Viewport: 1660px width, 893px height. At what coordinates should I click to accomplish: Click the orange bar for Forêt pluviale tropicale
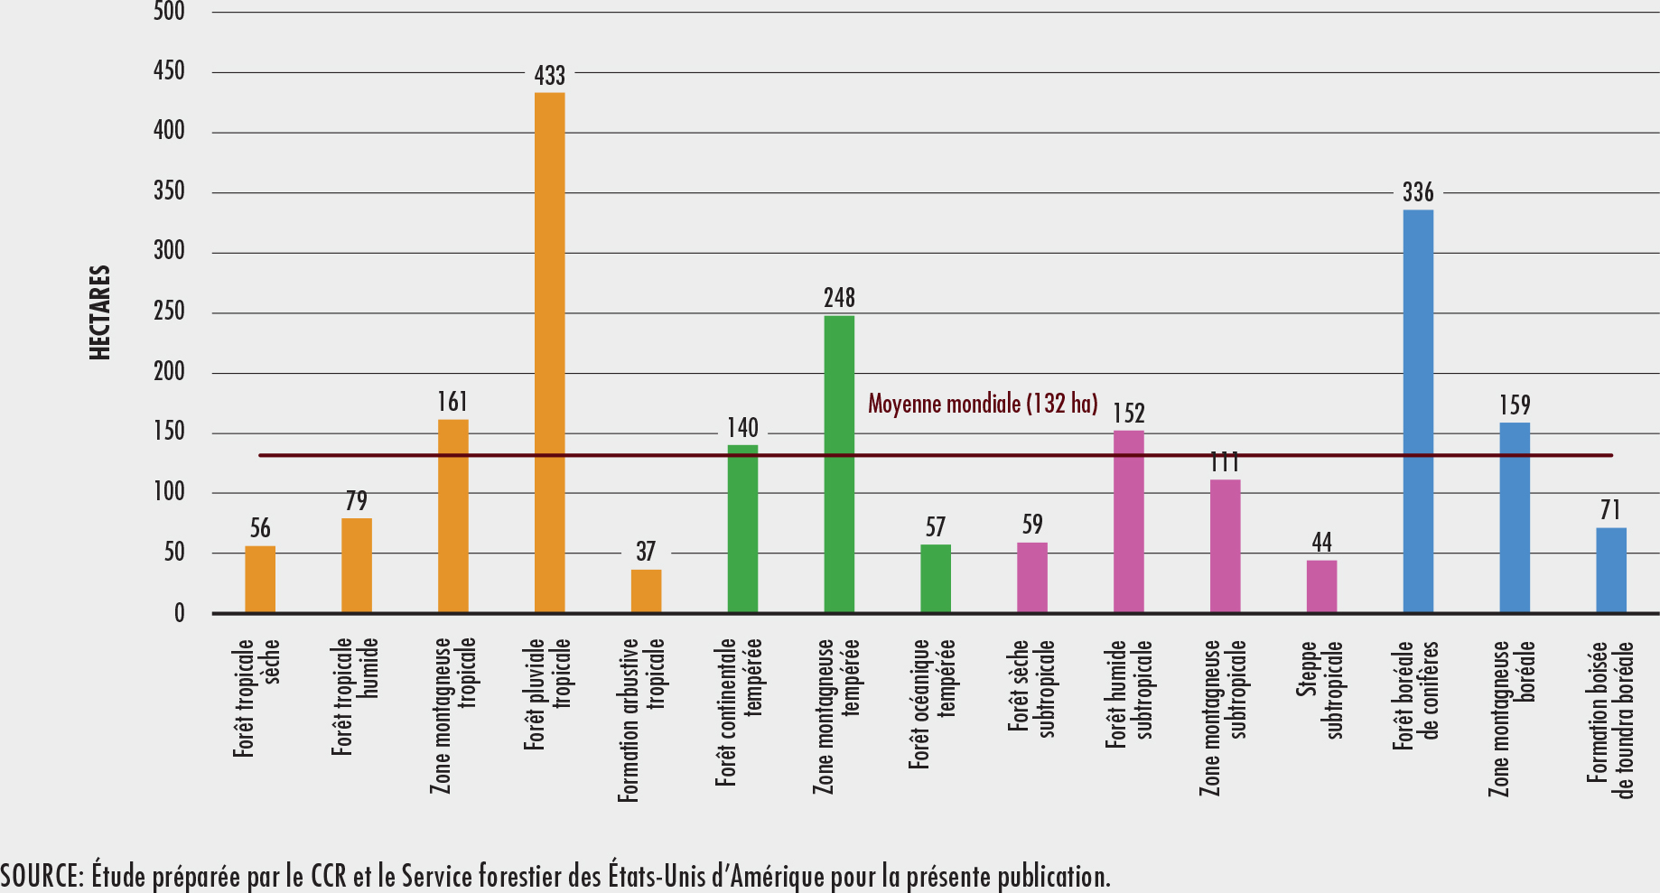pyautogui.click(x=549, y=352)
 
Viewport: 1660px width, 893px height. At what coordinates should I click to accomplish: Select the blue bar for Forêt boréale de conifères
pyautogui.click(x=1418, y=411)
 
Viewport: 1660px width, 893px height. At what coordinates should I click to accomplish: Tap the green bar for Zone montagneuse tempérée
pyautogui.click(x=839, y=464)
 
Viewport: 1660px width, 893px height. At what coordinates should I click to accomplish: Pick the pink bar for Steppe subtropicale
pyautogui.click(x=1321, y=587)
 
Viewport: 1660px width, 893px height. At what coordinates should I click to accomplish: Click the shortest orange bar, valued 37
pyautogui.click(x=646, y=591)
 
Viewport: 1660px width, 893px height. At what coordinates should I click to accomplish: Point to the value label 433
pyautogui.click(x=549, y=76)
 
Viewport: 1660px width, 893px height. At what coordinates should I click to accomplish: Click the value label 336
pyautogui.click(x=1418, y=192)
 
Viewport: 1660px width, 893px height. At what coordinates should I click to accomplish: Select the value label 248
pyautogui.click(x=839, y=298)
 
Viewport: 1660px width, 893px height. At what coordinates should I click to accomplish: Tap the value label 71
pyautogui.click(x=1610, y=511)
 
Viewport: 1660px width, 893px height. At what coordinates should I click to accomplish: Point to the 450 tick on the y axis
pyautogui.click(x=169, y=71)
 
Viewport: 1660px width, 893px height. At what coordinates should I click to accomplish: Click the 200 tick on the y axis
pyautogui.click(x=169, y=372)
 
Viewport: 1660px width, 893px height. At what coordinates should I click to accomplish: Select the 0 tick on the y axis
pyautogui.click(x=179, y=614)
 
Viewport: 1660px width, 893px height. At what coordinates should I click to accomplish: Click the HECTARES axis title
pyautogui.click(x=100, y=312)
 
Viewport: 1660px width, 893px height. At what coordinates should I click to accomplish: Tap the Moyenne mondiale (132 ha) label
pyautogui.click(x=983, y=404)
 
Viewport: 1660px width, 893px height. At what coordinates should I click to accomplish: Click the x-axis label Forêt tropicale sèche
pyautogui.click(x=256, y=697)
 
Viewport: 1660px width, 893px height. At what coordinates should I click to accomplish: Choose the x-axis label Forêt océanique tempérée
pyautogui.click(x=932, y=704)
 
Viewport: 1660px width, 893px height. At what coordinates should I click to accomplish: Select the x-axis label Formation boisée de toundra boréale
pyautogui.click(x=1610, y=720)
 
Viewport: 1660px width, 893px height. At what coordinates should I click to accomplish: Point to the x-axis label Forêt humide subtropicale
pyautogui.click(x=1129, y=693)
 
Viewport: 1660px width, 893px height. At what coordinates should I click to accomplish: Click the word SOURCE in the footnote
pyautogui.click(x=42, y=876)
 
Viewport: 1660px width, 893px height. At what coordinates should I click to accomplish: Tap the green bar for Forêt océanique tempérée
pyautogui.click(x=936, y=579)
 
